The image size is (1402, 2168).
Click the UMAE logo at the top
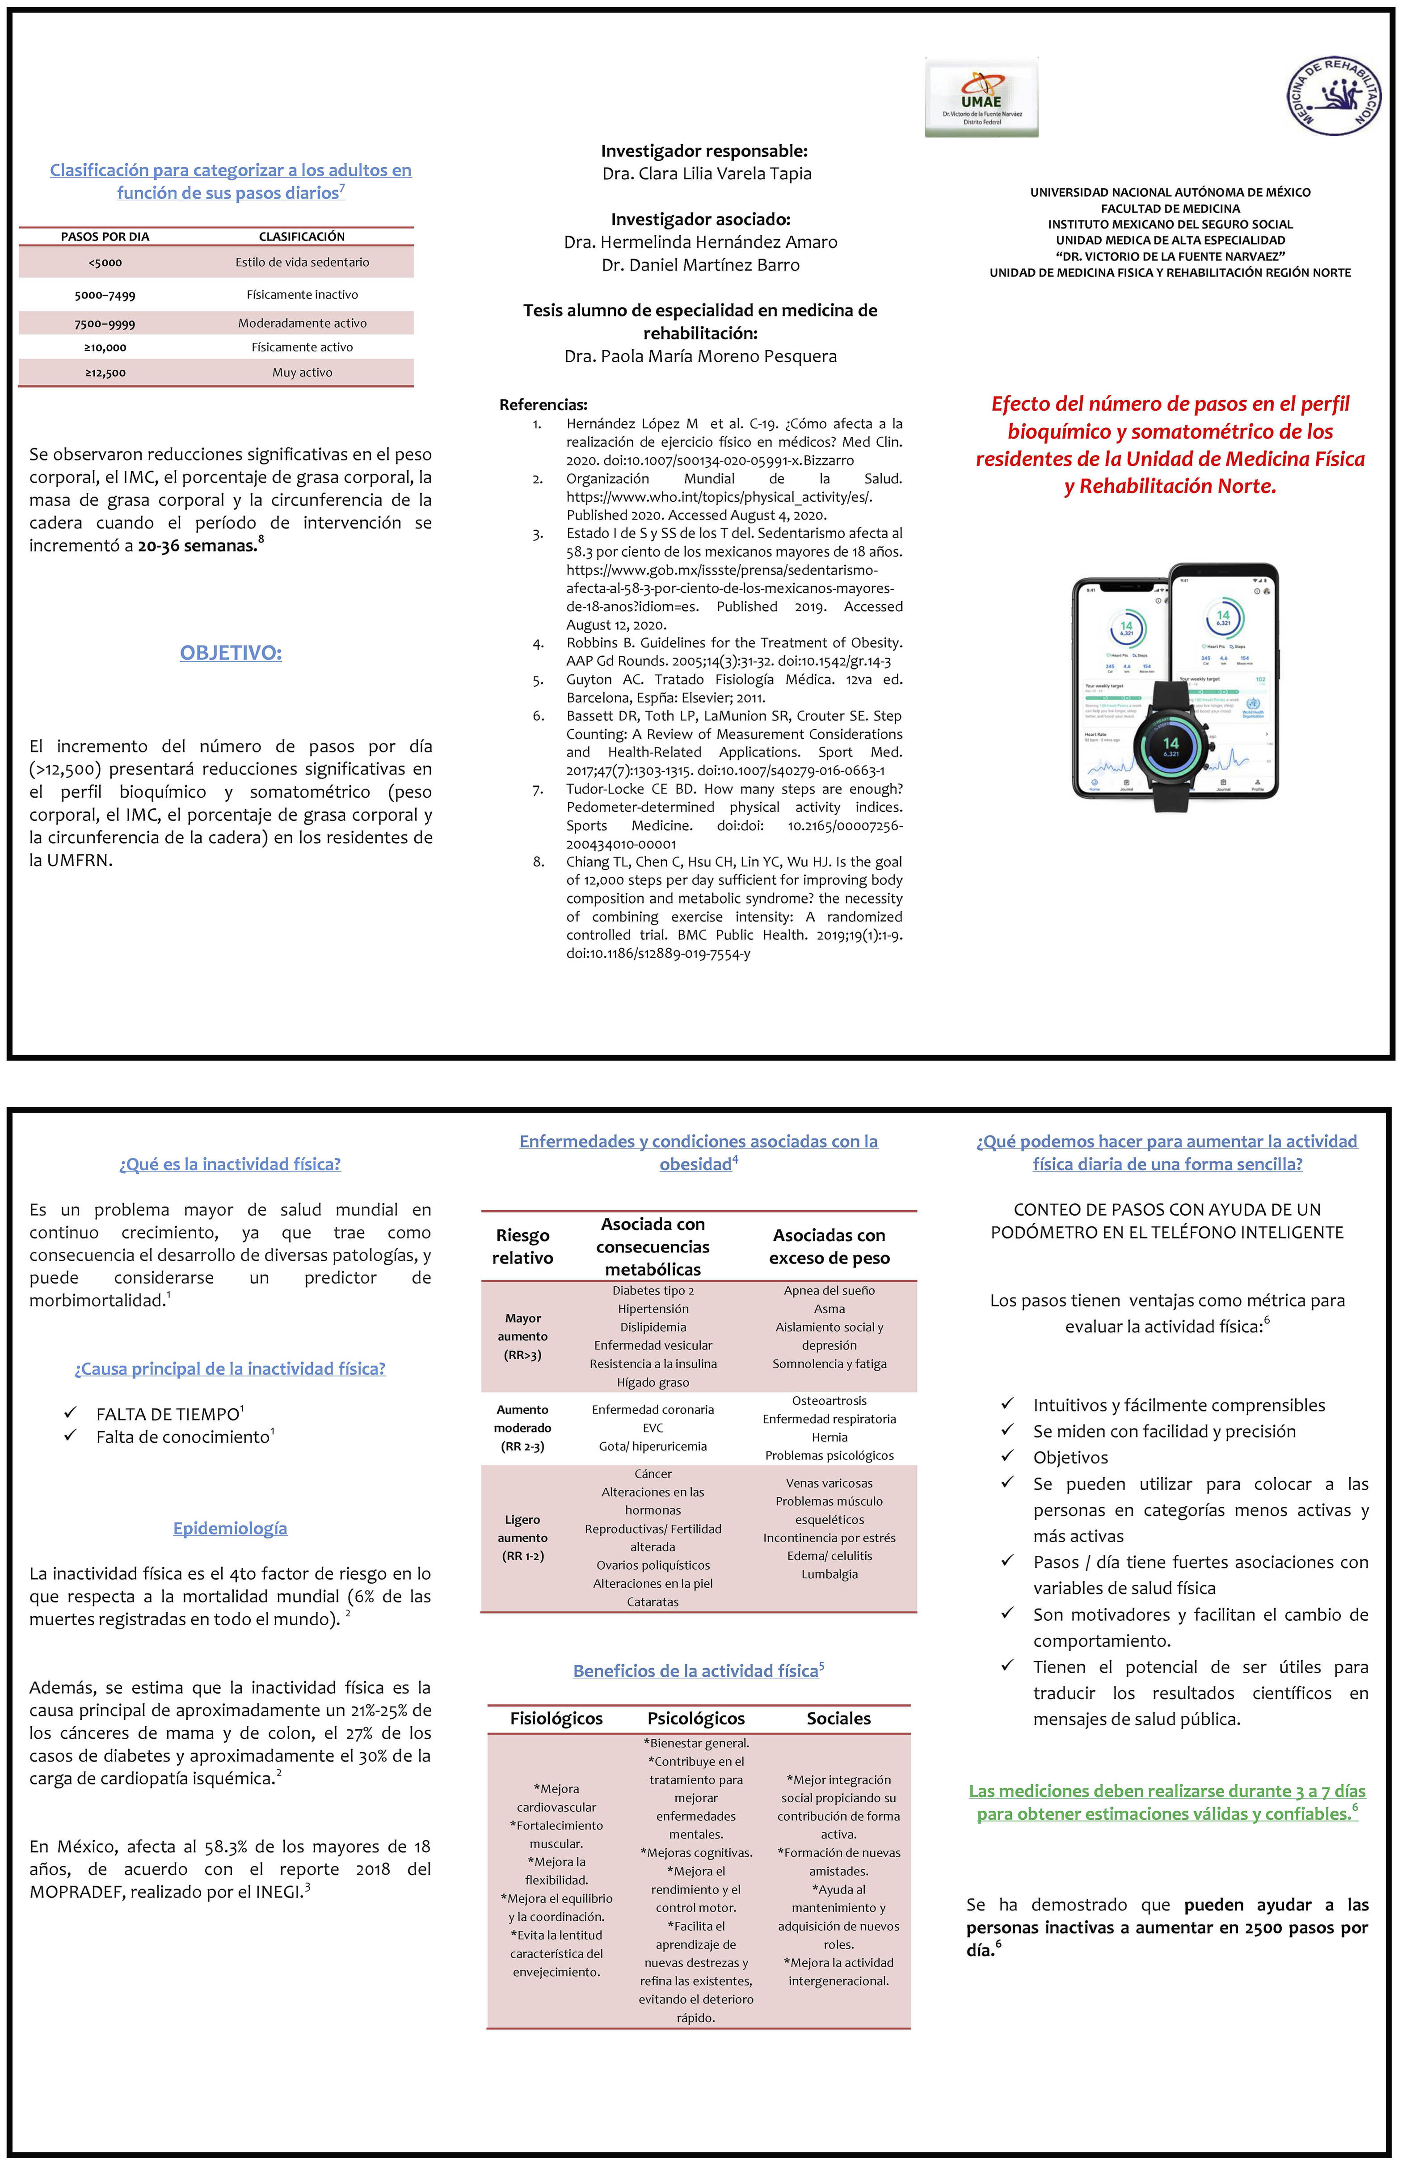[981, 97]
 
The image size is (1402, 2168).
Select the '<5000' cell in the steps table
[105, 262]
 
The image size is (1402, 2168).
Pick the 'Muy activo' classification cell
[302, 372]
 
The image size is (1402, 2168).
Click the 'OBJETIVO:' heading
[230, 653]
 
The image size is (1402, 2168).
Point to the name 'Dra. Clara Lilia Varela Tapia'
[707, 173]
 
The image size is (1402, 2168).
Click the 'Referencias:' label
[543, 404]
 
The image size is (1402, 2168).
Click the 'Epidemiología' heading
[230, 1528]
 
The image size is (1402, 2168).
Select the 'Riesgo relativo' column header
[522, 1247]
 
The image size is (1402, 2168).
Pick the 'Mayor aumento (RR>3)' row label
[522, 1336]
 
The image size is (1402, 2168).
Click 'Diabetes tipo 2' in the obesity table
[653, 1290]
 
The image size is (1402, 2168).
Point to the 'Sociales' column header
[838, 1718]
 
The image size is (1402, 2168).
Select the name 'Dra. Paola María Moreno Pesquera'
[700, 356]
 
